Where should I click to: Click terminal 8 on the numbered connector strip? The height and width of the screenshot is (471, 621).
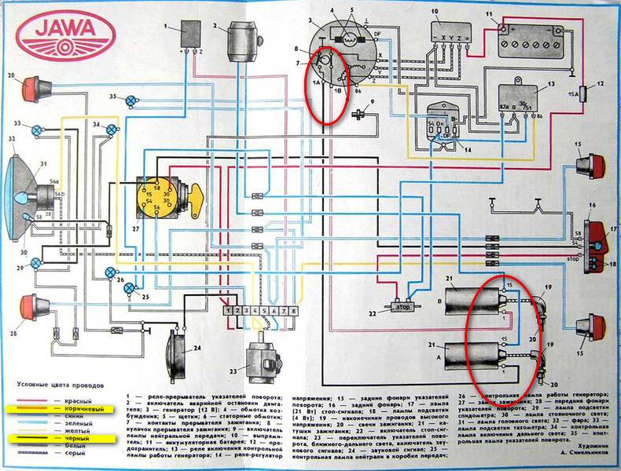293,311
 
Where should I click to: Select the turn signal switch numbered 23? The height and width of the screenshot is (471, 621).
261,362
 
